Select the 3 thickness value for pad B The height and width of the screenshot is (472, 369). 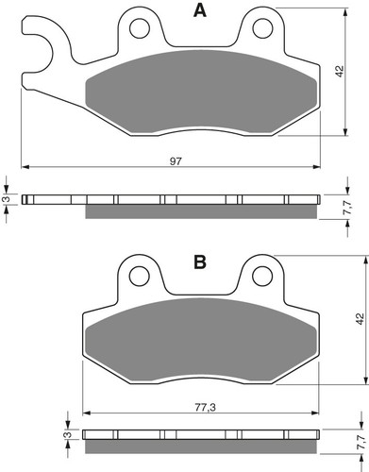point(66,435)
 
